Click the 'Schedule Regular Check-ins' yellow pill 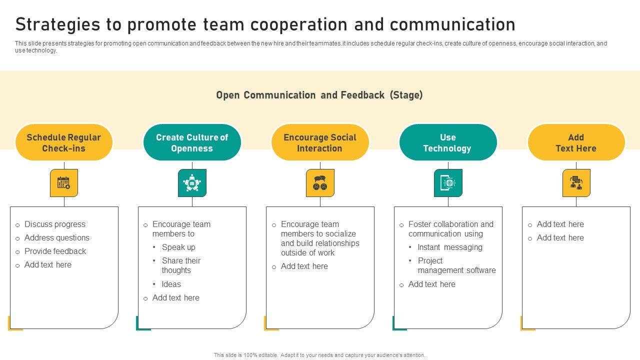click(64, 142)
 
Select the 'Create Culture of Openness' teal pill click(192, 142)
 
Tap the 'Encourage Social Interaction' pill click(320, 142)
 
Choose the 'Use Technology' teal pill click(448, 142)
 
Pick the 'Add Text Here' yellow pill click(576, 142)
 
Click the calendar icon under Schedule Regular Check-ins click(64, 183)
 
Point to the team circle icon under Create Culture click(192, 183)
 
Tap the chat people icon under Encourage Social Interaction click(320, 183)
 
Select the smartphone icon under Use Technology click(448, 183)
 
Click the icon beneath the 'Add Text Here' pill click(576, 183)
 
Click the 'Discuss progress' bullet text click(55, 224)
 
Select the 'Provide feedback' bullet click(55, 251)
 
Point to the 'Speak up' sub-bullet click(178, 247)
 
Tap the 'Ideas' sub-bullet click(171, 284)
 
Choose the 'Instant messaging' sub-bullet click(450, 247)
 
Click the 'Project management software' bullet click(456, 265)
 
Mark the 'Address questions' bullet click(57, 238)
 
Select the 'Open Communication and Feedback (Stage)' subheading click(319, 95)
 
